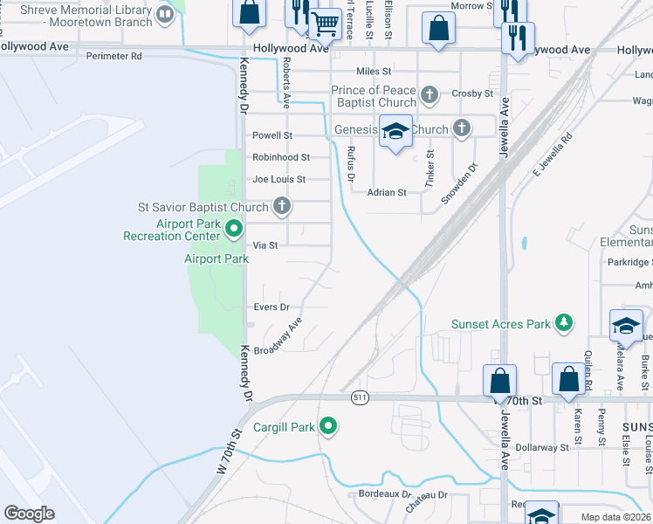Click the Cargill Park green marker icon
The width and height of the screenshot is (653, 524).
point(328,426)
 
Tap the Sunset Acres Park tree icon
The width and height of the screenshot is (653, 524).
point(564,324)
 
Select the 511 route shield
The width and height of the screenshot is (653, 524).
point(359,397)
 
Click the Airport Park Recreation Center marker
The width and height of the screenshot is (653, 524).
point(233,230)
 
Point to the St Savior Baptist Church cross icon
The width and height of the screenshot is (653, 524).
point(281,207)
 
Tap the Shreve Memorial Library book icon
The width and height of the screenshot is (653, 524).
point(164,12)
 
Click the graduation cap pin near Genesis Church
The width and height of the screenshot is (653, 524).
point(396,131)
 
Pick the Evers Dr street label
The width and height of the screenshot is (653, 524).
point(271,307)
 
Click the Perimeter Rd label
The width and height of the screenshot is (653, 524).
point(113,56)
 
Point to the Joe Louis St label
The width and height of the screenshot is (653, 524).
point(278,179)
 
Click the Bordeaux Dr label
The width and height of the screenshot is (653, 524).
point(385,493)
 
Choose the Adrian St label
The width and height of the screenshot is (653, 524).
point(387,192)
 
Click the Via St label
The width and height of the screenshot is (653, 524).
point(265,245)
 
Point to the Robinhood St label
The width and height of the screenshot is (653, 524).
point(281,157)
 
